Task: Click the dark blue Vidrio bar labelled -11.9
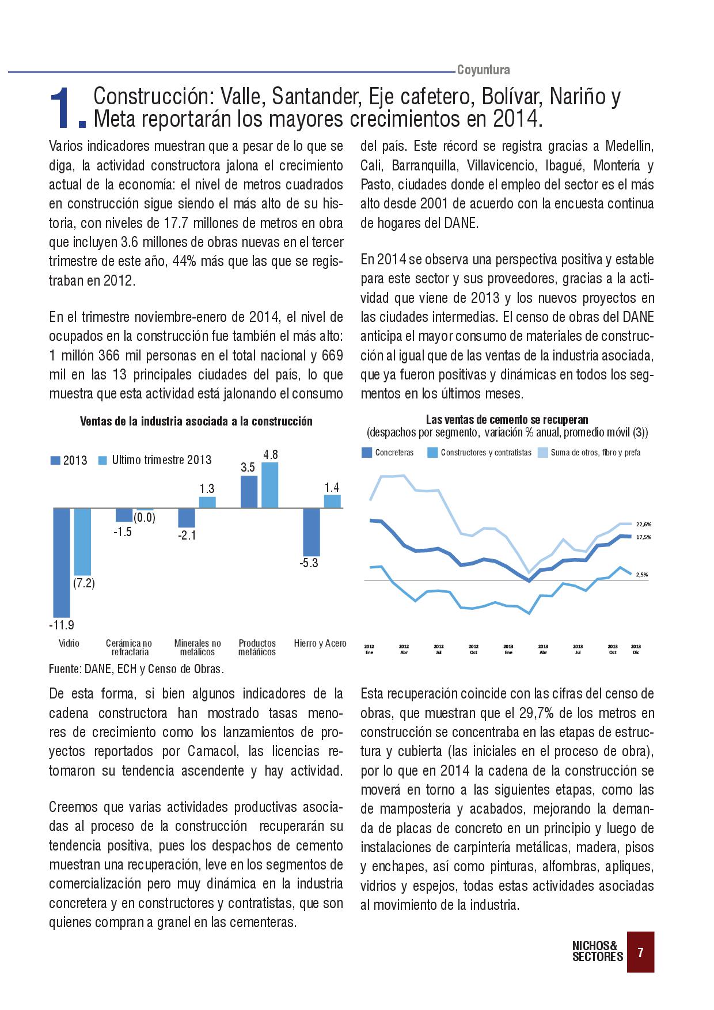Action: [62, 562]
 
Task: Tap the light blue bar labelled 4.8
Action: [269, 485]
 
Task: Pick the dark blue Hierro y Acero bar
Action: [312, 531]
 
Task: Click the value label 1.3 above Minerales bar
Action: [207, 489]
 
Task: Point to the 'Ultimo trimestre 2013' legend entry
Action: [155, 460]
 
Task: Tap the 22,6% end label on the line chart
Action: [644, 524]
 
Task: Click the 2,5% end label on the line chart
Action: [643, 574]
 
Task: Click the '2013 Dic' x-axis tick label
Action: [636, 649]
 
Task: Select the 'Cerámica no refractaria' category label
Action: [130, 648]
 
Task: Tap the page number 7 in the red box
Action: [640, 952]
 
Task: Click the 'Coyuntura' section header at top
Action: [484, 70]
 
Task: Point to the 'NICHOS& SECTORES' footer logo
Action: [597, 951]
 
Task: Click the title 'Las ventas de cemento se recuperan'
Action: [507, 420]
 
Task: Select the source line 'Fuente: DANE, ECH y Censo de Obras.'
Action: [136, 669]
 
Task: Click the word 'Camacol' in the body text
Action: [207, 751]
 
